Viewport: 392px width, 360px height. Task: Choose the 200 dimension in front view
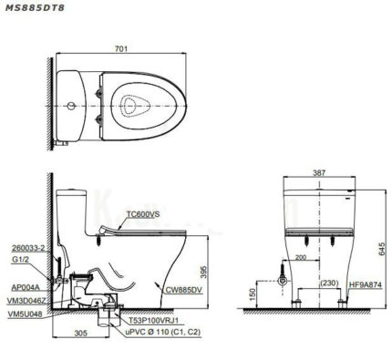(x=302, y=258)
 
